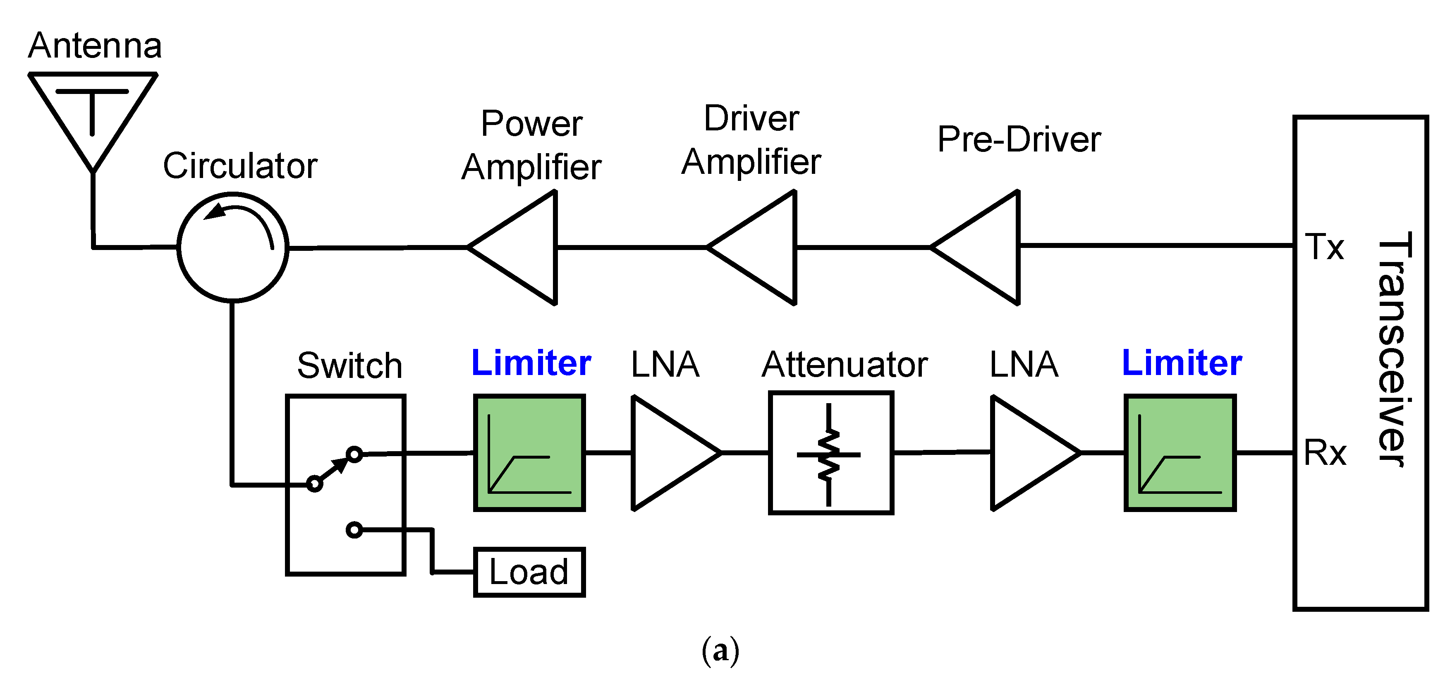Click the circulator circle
click(x=232, y=247)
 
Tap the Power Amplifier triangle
click(x=524, y=248)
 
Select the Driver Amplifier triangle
click(x=763, y=248)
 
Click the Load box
click(x=529, y=572)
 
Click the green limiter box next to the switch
click(x=529, y=453)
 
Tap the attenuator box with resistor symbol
click(x=831, y=453)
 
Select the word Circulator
click(x=240, y=166)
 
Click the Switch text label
click(x=349, y=365)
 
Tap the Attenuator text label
click(x=845, y=364)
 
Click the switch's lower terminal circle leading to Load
click(x=354, y=529)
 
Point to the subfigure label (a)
click(x=720, y=651)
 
